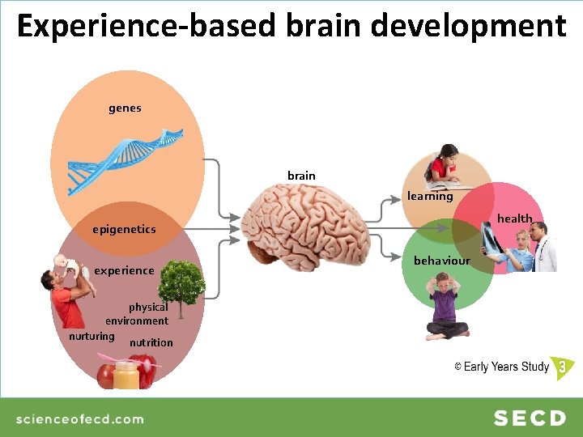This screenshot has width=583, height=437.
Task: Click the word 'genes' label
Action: tap(125, 108)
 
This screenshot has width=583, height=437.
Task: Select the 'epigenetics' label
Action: tap(124, 229)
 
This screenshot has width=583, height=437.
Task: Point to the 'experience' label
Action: tap(124, 270)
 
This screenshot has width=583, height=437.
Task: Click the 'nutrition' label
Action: tap(151, 342)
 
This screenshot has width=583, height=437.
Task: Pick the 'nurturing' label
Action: tap(91, 336)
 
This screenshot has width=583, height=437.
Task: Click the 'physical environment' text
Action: tap(138, 314)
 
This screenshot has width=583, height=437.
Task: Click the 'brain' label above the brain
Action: tap(301, 176)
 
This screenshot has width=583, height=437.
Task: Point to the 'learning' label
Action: tap(430, 196)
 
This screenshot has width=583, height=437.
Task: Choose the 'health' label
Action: tap(514, 218)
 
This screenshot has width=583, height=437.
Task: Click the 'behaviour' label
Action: tap(441, 261)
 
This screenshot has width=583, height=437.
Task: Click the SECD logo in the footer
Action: tap(530, 418)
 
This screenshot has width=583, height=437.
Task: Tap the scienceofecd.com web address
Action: tap(80, 418)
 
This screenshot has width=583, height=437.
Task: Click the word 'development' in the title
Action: tap(470, 26)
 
